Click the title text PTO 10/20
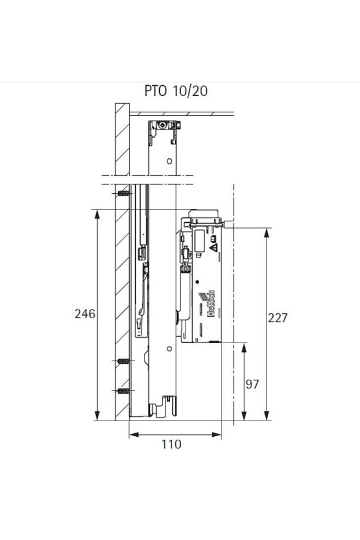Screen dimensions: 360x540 tap(176, 91)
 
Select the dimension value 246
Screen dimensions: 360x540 tap(85, 314)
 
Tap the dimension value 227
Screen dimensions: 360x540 tap(277, 317)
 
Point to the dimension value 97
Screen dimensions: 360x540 tap(252, 384)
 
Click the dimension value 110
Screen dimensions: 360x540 tap(171, 444)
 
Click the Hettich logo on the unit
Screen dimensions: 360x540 tap(208, 303)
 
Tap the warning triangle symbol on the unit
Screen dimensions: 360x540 tap(214, 247)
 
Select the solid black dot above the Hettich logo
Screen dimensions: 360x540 tap(197, 282)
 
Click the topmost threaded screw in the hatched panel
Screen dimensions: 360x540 tap(124, 194)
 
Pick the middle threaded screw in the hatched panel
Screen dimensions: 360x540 tap(124, 361)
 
